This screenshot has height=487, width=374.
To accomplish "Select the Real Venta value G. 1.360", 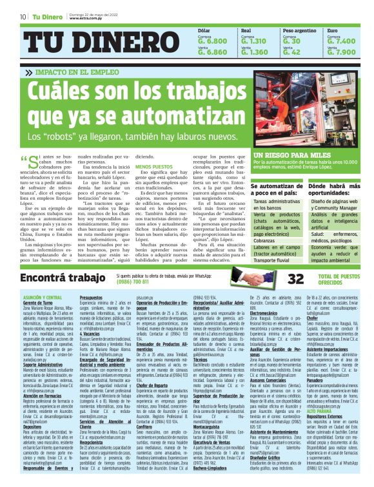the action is coord(254,52).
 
